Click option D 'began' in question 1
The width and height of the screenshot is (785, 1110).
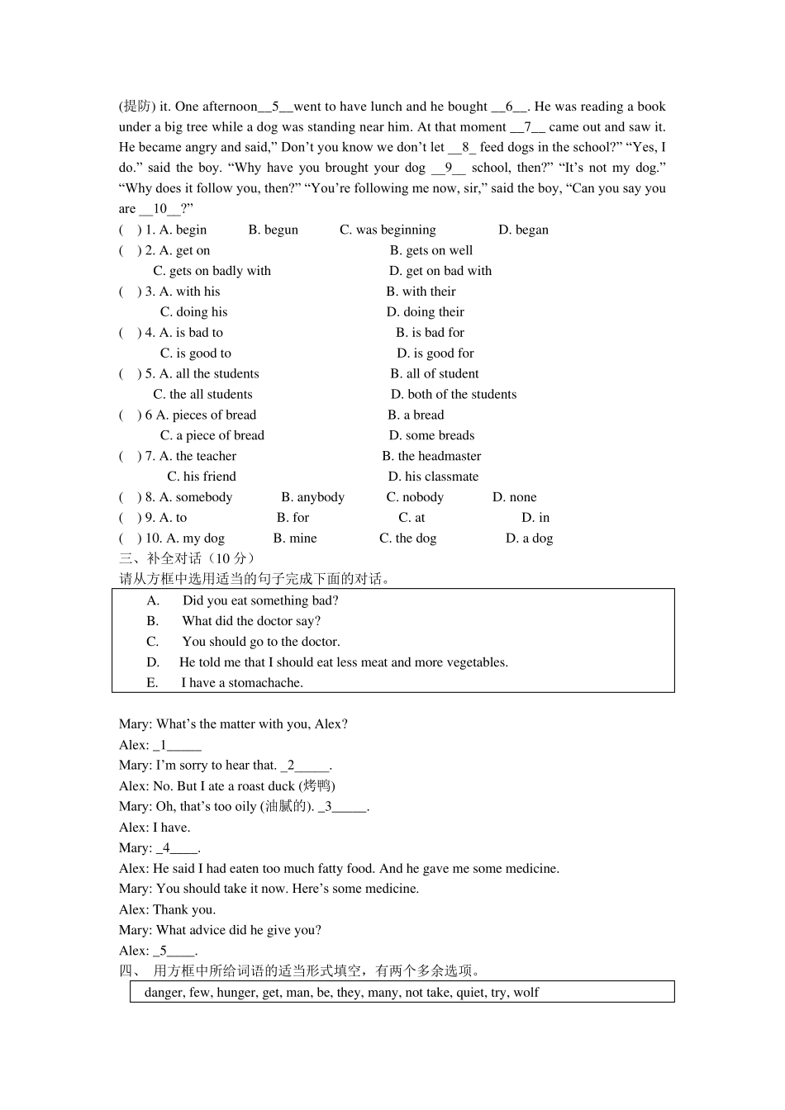(x=523, y=230)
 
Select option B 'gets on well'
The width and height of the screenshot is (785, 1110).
(x=431, y=250)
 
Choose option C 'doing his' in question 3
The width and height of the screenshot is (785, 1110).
(x=193, y=312)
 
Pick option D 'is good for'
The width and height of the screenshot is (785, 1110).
(x=435, y=353)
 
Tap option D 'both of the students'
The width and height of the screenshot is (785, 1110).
(x=454, y=395)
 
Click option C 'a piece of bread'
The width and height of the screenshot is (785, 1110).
(x=212, y=435)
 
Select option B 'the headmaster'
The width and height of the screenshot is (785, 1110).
(x=431, y=456)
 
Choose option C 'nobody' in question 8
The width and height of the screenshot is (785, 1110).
(x=415, y=497)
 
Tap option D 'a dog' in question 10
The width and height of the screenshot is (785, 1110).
(x=529, y=538)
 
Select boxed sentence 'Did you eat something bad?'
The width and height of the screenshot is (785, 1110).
(x=260, y=600)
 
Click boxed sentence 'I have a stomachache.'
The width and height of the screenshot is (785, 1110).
(x=242, y=683)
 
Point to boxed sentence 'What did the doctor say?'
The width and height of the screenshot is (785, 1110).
(x=251, y=621)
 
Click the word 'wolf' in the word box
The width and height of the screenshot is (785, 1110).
(x=526, y=992)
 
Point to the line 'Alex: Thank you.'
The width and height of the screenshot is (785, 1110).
(x=167, y=909)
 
